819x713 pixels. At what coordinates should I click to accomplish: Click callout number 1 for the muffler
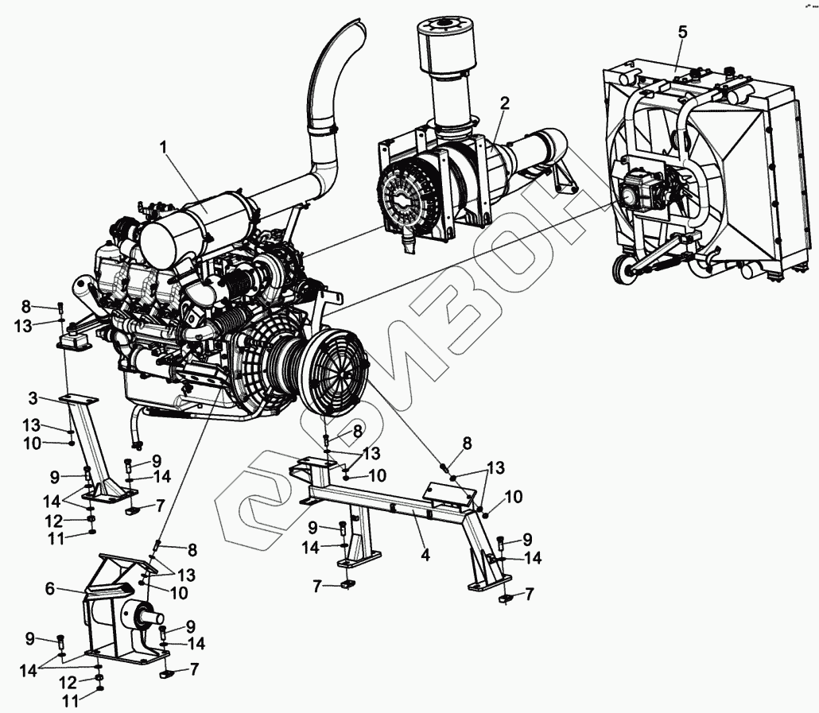pyautogui.click(x=163, y=146)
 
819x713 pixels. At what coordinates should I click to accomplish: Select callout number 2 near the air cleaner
pyautogui.click(x=505, y=103)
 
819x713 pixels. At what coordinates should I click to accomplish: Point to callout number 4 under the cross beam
pyautogui.click(x=425, y=555)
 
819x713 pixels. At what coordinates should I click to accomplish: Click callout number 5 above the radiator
pyautogui.click(x=682, y=33)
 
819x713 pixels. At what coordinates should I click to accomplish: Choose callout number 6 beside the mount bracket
pyautogui.click(x=51, y=588)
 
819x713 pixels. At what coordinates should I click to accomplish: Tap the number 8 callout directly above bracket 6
pyautogui.click(x=192, y=549)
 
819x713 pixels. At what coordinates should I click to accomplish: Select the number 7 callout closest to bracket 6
pyautogui.click(x=193, y=670)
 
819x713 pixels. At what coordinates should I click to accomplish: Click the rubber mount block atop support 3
pyautogui.click(x=74, y=340)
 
